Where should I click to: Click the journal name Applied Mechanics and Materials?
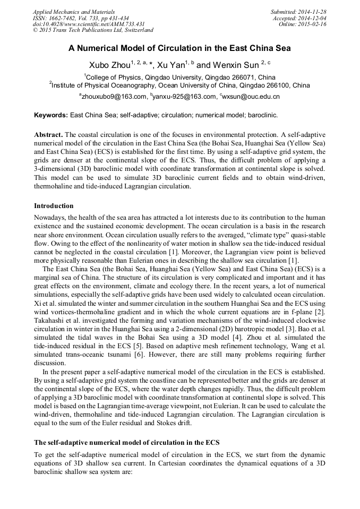tap(74, 12)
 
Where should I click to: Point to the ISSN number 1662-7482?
tap(67, 18)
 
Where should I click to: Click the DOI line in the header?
tap(89, 24)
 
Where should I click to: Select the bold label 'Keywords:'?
tap(51, 115)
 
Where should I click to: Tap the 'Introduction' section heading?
tap(54, 206)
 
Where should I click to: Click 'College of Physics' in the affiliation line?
tap(113, 77)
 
